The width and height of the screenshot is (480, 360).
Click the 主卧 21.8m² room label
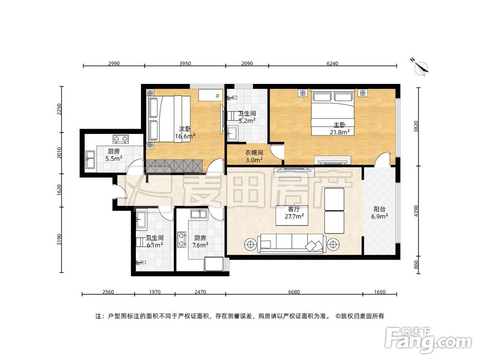click(339, 129)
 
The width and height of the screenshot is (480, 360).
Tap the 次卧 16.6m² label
click(185, 133)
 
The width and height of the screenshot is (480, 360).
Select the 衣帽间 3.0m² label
click(254, 156)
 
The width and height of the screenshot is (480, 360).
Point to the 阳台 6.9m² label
click(380, 213)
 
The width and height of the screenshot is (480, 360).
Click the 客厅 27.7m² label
click(294, 213)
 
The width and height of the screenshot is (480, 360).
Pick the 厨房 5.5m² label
click(114, 155)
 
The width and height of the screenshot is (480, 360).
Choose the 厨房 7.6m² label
click(200, 241)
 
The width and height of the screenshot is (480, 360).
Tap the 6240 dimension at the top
click(333, 63)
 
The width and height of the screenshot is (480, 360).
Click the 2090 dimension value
click(247, 63)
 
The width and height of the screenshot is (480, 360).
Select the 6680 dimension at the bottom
click(294, 292)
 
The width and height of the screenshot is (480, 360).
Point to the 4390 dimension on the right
click(416, 211)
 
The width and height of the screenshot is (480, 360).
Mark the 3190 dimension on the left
click(59, 240)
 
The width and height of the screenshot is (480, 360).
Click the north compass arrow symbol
click(421, 67)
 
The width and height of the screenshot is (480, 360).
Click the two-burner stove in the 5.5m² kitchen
click(120, 139)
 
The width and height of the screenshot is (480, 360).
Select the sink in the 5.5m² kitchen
click(90, 159)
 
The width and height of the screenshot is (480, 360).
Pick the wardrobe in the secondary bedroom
click(174, 166)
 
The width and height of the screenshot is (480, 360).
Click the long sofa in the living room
click(291, 244)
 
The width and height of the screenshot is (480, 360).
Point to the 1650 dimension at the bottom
click(380, 292)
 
